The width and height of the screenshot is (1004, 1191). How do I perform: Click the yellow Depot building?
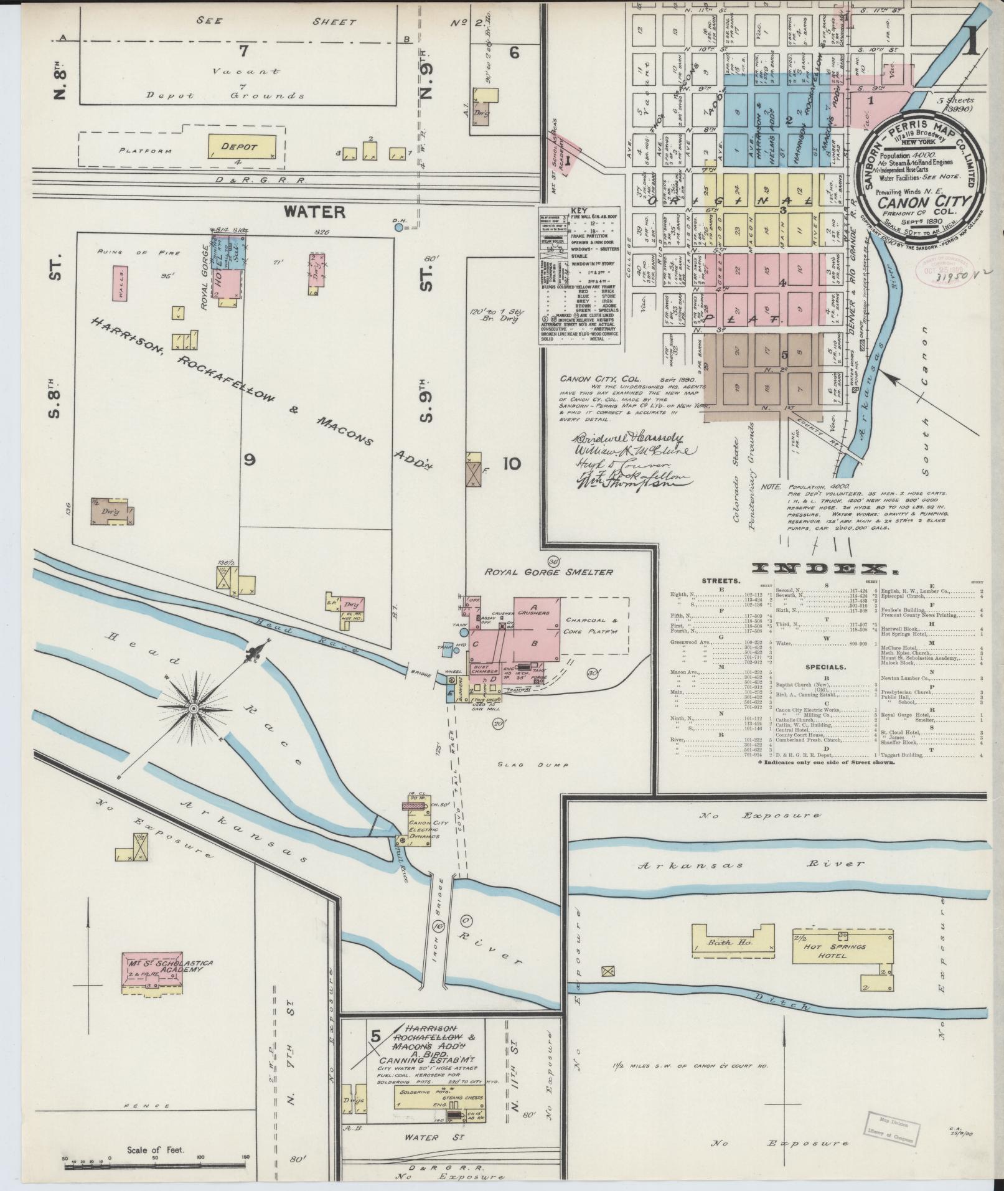[x=241, y=146]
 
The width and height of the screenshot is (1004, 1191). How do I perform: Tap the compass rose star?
[x=194, y=709]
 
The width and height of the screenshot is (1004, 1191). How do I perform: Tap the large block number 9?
[x=250, y=459]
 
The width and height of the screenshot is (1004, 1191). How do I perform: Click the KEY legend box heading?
[x=579, y=211]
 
